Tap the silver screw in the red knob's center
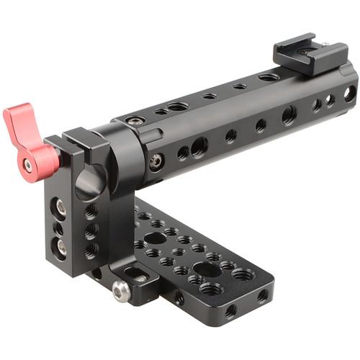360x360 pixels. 28,166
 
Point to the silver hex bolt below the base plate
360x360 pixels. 122,290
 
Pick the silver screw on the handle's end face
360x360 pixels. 156,161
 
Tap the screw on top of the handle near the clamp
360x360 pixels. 134,120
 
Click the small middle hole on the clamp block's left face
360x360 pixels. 60,228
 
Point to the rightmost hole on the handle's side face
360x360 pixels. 348,93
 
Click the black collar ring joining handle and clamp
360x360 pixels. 126,151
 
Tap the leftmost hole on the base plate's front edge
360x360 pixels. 179,297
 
